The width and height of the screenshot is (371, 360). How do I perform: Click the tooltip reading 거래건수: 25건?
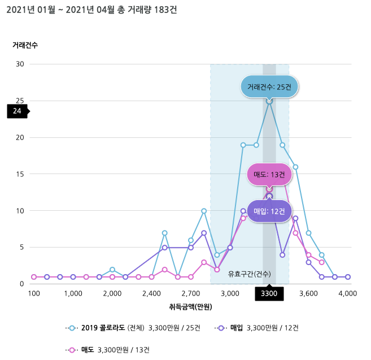coord(269,87)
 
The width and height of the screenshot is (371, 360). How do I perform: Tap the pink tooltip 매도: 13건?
coord(269,174)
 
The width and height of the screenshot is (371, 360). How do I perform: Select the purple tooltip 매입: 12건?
coord(269,211)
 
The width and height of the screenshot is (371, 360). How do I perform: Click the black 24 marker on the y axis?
coord(17,111)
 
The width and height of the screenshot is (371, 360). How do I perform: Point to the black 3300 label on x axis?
coord(269,293)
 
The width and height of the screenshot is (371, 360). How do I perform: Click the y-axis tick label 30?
coord(20,64)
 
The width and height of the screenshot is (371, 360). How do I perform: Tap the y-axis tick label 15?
coord(20,174)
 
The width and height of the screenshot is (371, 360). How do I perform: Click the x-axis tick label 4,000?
coord(348,293)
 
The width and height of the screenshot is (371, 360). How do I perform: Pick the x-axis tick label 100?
coord(34,293)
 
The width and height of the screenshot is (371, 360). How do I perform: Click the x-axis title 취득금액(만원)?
coord(191,307)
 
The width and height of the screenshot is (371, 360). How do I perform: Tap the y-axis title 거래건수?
coord(25,45)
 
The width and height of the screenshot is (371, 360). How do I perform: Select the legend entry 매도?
coord(87,350)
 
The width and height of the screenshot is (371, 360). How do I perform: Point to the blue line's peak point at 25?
coord(269,101)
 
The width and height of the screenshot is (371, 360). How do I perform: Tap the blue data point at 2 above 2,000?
coord(112,270)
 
